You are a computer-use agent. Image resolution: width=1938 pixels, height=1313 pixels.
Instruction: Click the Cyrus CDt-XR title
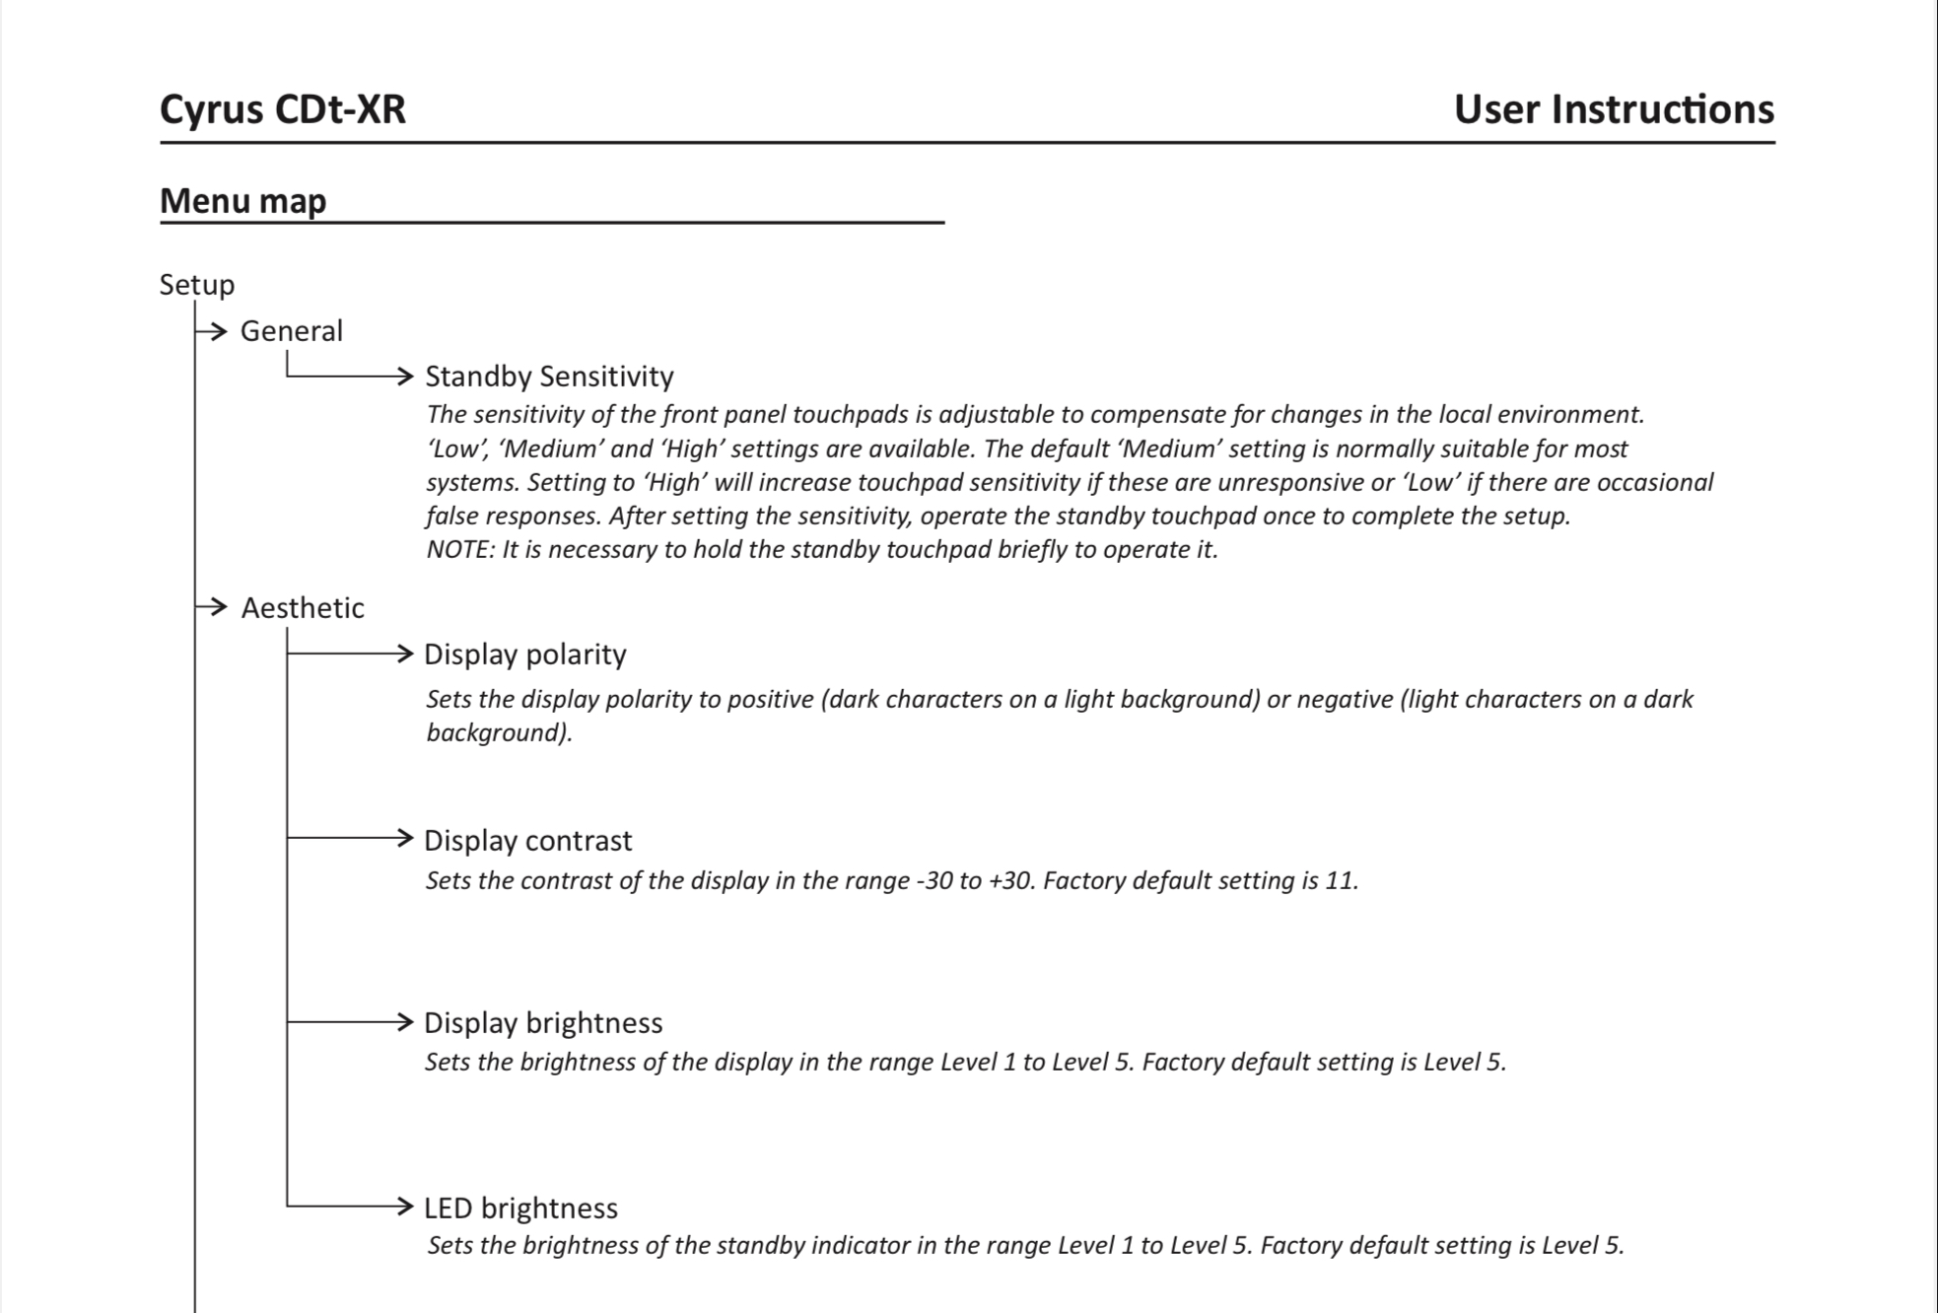(282, 109)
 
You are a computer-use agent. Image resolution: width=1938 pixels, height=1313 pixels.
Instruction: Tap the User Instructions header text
(1614, 109)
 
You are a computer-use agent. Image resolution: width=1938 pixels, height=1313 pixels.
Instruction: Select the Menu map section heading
(242, 201)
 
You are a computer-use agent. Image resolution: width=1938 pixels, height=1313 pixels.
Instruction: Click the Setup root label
(197, 285)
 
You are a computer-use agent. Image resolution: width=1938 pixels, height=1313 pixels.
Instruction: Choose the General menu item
(292, 331)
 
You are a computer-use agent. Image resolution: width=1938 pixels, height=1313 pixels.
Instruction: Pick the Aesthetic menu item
(303, 608)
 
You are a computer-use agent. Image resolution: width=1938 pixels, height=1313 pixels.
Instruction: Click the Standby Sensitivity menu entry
(549, 377)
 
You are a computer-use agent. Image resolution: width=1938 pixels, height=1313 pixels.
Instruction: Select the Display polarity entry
(524, 655)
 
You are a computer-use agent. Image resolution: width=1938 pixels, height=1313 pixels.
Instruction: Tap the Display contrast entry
(527, 841)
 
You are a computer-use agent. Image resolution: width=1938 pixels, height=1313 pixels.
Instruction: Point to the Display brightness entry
(542, 1023)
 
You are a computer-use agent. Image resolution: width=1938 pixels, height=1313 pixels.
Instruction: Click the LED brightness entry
(520, 1209)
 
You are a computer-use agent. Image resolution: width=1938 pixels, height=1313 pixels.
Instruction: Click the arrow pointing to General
(215, 331)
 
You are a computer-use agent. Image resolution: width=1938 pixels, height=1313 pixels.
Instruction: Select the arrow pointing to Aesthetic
(215, 607)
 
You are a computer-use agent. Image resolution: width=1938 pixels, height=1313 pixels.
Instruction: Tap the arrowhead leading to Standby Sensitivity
(403, 376)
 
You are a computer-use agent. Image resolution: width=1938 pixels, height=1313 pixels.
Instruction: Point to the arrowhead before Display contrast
(403, 838)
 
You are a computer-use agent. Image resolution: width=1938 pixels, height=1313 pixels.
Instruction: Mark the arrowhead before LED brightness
(403, 1206)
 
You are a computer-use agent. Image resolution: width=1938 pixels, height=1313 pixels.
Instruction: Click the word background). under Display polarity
(499, 733)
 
